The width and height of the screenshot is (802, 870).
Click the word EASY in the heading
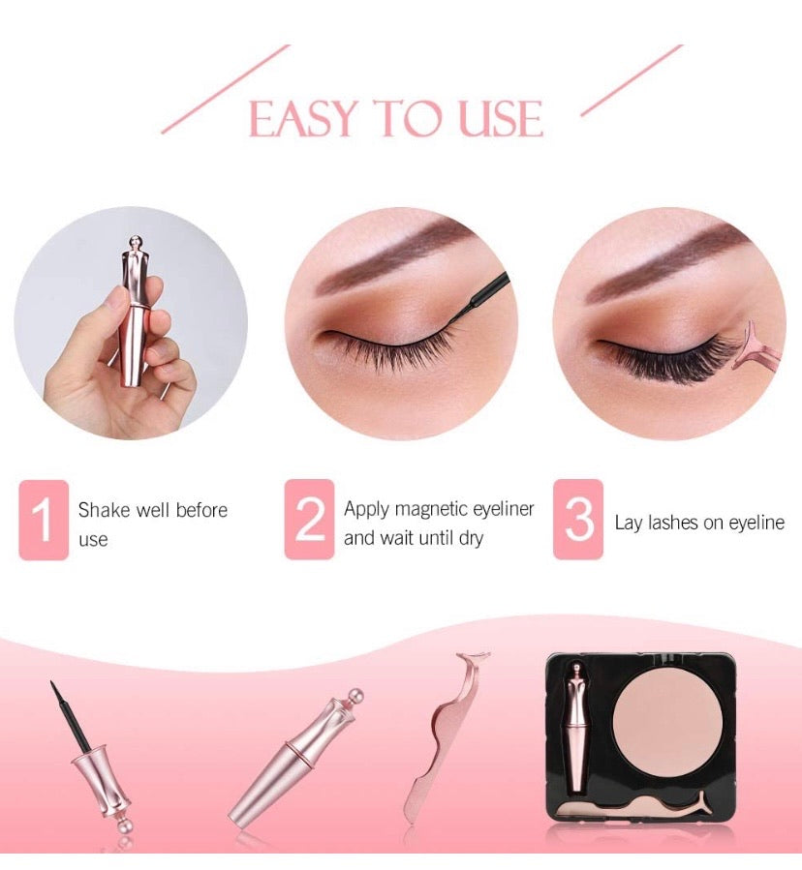302,118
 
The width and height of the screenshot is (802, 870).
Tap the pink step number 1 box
44,520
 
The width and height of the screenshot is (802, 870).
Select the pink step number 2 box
309,520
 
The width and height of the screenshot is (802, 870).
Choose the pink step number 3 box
578,520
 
